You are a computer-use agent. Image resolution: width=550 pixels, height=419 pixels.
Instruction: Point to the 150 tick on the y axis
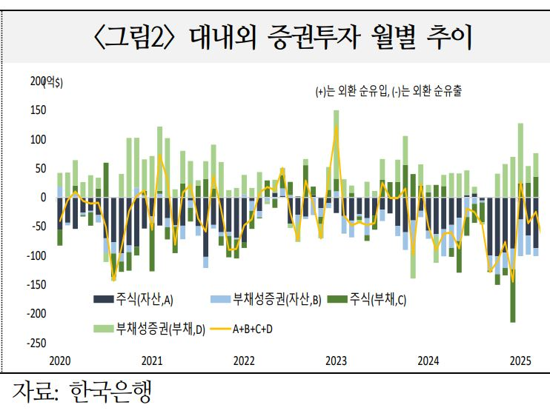tap(38, 110)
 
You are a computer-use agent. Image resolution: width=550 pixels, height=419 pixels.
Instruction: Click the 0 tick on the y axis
tap(43, 198)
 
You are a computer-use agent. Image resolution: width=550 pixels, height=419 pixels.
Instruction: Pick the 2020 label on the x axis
tap(59, 361)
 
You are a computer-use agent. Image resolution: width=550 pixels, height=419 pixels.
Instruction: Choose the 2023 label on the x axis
tap(336, 361)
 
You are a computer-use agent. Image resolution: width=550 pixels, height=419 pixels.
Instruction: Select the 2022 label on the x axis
tap(244, 361)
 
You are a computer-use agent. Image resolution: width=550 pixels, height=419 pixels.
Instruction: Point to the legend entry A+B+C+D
tap(252, 327)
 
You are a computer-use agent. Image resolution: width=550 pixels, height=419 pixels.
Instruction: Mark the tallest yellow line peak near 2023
tap(337, 127)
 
